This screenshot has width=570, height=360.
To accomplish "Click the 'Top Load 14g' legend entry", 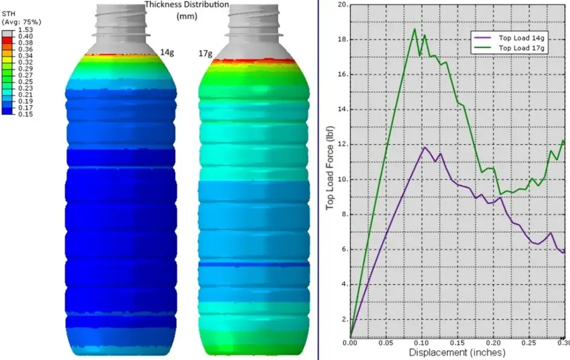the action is (509, 38).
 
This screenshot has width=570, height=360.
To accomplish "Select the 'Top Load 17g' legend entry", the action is (509, 48).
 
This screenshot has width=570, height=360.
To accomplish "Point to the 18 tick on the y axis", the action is (343, 40).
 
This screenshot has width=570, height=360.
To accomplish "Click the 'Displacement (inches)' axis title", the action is (457, 352).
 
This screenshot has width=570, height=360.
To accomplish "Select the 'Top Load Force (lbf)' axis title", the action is (330, 168).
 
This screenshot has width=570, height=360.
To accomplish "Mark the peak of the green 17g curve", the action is (415, 29).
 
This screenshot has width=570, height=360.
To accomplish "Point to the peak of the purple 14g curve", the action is (424, 147).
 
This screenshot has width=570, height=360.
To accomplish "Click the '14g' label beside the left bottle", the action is (167, 53).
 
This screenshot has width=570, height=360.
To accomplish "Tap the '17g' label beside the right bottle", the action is (205, 54).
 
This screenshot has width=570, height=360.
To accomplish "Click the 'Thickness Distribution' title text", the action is (187, 5).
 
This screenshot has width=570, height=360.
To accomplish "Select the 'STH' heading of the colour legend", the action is (8, 14).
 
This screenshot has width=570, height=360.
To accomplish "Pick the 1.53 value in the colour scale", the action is (25, 30).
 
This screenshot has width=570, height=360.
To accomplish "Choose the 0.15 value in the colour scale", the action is (25, 114).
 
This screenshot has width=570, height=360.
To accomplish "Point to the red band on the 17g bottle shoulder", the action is (254, 61).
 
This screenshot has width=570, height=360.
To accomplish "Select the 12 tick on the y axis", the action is (343, 144).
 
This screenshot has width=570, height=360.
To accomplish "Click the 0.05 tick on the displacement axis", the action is (386, 343).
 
